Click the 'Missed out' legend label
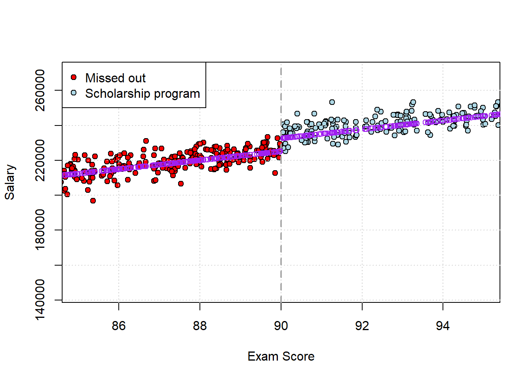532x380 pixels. tap(115, 78)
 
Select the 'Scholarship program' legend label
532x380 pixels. tap(142, 94)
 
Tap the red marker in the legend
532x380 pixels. tap(74, 77)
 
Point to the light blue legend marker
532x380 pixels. tap(74, 93)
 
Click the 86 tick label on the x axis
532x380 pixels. tap(119, 326)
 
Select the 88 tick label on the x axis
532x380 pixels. tap(200, 326)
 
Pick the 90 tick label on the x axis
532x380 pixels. tap(281, 326)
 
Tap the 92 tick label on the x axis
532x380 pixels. tap(362, 326)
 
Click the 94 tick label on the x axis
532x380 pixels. tap(443, 326)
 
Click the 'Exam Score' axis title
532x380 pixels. tap(281, 356)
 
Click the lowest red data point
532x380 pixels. tap(93, 201)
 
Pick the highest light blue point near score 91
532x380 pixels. tap(332, 102)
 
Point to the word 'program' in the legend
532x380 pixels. tap(177, 94)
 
